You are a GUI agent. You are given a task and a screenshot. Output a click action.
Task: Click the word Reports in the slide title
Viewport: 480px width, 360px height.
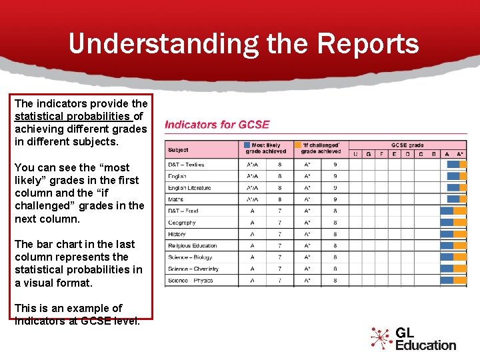(x=368, y=44)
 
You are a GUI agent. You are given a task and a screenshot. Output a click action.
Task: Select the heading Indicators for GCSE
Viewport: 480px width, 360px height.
(x=217, y=125)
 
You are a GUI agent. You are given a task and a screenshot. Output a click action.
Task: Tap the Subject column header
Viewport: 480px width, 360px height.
(x=178, y=150)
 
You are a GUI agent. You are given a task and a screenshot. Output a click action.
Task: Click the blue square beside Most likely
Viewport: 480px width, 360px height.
(x=247, y=145)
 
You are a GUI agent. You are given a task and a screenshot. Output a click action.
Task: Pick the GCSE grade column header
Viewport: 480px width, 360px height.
(x=407, y=145)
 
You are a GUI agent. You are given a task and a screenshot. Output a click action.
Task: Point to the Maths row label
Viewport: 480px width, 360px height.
(x=175, y=199)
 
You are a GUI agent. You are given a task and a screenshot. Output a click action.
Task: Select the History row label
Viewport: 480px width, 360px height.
(x=177, y=234)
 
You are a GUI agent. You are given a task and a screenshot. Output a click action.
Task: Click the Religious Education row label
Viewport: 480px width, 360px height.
(x=193, y=246)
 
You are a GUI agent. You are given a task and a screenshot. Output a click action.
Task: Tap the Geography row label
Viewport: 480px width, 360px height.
(x=181, y=223)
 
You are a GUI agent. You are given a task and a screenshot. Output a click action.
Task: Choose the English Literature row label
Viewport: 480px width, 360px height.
(x=189, y=188)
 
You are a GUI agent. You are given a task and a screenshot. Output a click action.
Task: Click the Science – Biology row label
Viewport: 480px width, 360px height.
(x=190, y=257)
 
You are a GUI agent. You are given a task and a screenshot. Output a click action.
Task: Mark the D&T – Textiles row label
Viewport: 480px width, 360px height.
(x=186, y=165)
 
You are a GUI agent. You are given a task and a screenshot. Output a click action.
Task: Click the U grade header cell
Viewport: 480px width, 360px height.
(x=355, y=154)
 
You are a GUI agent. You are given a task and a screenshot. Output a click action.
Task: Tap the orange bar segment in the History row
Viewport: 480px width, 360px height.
(x=460, y=234)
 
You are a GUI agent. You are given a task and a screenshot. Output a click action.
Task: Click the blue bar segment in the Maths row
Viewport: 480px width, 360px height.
(x=453, y=199)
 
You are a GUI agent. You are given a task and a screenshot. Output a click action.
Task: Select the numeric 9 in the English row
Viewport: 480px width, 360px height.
(x=335, y=176)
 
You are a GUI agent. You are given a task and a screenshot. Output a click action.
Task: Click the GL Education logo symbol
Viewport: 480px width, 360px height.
(x=381, y=338)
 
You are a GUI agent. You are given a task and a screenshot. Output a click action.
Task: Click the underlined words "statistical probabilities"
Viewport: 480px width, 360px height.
(x=63, y=117)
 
